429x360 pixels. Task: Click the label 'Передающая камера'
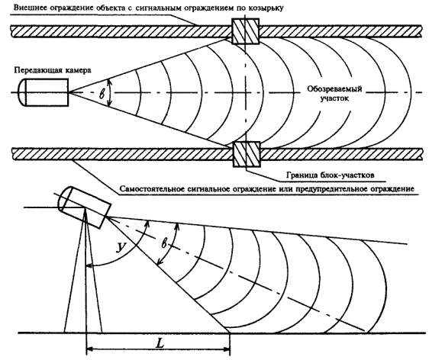[x=53, y=70]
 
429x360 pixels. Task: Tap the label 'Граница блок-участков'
[x=330, y=175]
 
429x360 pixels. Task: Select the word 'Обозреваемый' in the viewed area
[x=334, y=88]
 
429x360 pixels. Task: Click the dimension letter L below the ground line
[x=160, y=343]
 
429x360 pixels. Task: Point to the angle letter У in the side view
[x=121, y=247]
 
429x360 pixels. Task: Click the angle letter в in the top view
[x=102, y=94]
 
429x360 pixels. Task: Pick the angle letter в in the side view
[x=164, y=243]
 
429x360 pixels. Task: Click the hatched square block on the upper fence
[x=246, y=31]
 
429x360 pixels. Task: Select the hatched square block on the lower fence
[x=247, y=154]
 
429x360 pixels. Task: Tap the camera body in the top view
[x=47, y=92]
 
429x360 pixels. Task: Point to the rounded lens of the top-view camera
[x=21, y=92]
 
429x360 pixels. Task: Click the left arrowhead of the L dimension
[x=90, y=349]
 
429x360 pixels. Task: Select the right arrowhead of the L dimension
[x=227, y=349]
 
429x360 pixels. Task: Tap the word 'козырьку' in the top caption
[x=266, y=8]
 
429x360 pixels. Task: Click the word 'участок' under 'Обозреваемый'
[x=334, y=98]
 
